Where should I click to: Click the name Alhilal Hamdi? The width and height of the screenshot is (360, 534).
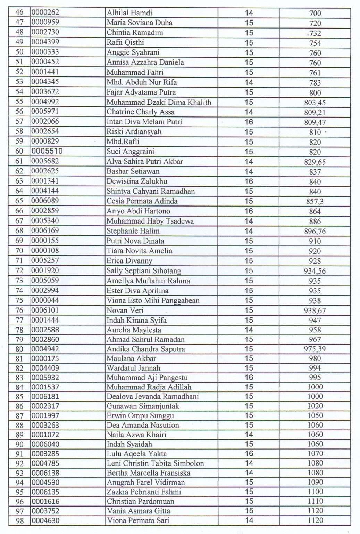(x=129, y=13)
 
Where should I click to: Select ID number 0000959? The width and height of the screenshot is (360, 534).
(x=45, y=22)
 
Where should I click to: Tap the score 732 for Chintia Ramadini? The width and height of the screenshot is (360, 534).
(x=315, y=33)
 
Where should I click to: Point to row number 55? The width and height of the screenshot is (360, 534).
(x=19, y=102)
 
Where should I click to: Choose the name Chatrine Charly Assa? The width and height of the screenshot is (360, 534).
(x=140, y=112)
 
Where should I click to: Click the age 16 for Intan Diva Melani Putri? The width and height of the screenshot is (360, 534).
(x=249, y=122)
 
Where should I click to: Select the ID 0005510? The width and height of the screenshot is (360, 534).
(x=47, y=151)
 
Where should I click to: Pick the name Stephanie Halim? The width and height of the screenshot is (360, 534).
(x=133, y=231)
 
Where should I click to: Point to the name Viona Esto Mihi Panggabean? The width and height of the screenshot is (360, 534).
(x=153, y=301)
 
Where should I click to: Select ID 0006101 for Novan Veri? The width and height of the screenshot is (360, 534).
(x=45, y=310)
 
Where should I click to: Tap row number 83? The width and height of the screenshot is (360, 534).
(x=19, y=378)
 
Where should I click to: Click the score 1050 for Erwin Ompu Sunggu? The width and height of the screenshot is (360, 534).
(x=315, y=415)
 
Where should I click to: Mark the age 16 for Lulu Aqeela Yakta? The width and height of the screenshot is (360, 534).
(x=249, y=454)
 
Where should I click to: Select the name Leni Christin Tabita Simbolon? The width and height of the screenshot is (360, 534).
(x=155, y=463)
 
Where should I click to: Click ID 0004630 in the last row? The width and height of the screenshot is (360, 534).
(x=45, y=520)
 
